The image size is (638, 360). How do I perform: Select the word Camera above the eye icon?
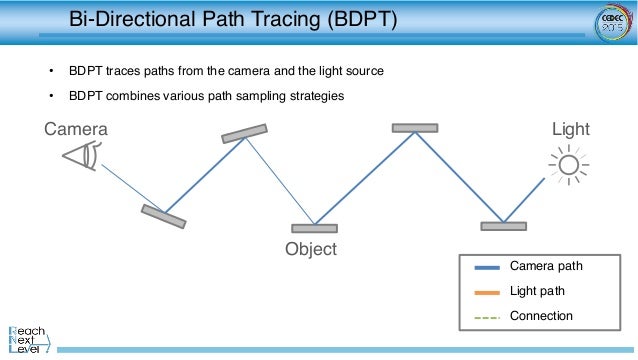click(x=76, y=130)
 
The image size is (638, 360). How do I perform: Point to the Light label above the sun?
click(x=571, y=130)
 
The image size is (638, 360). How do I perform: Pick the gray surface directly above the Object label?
click(x=314, y=228)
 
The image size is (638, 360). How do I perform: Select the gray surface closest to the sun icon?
click(x=503, y=226)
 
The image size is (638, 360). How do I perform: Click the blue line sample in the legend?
click(x=484, y=267)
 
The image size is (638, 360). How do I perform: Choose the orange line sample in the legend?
click(x=484, y=292)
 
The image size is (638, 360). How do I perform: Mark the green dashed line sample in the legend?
click(x=484, y=317)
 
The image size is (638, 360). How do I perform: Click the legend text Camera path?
click(x=546, y=267)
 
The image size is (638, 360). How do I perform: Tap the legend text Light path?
click(x=538, y=292)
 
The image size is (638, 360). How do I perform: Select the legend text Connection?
click(x=541, y=317)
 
